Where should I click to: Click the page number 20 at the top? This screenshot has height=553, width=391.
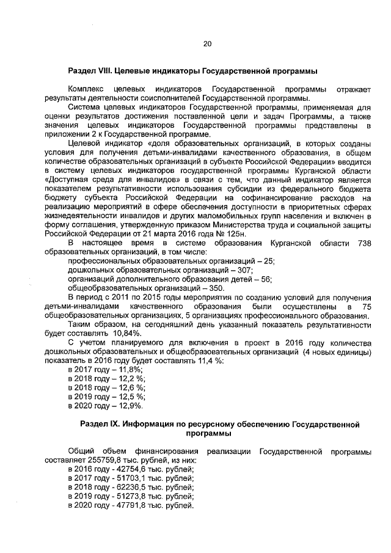click(206, 44)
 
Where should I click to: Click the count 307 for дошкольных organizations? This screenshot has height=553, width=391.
click(243, 271)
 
